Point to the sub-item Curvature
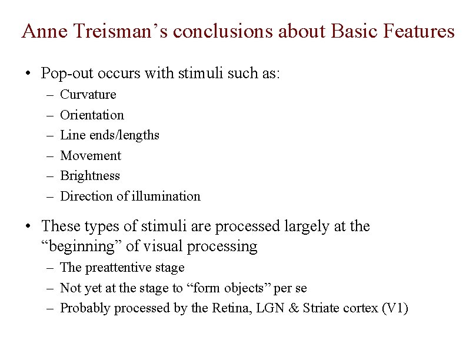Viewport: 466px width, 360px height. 88,95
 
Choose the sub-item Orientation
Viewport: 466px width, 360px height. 92,115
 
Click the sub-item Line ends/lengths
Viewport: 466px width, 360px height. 110,135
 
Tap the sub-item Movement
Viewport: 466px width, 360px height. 91,156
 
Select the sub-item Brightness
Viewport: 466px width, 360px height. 90,176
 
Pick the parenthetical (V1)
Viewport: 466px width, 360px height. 395,308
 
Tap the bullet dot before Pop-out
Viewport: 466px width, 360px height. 28,74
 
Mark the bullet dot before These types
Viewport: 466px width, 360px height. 28,226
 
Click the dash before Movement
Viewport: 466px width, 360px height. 48,156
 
